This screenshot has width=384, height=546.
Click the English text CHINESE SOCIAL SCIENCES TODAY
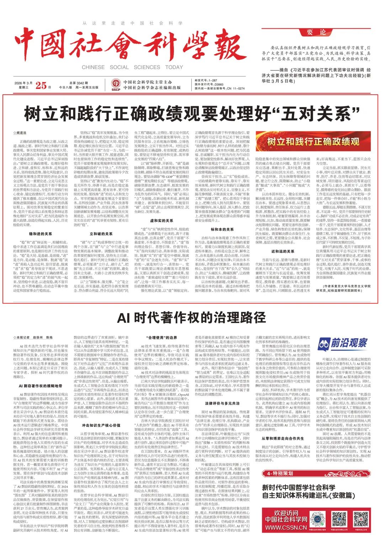coord(132,67)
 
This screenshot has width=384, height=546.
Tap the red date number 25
coord(41,85)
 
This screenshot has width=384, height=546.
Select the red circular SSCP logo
coord(116,85)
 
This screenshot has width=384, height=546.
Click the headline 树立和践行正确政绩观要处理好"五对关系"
coord(192,114)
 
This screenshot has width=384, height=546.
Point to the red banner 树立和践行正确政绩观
coord(313,142)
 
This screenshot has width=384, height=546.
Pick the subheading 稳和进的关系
coord(41,234)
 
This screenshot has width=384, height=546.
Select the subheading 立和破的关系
coord(101,234)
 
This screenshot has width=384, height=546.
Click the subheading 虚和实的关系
coord(162,221)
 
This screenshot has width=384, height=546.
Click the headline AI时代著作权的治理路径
coord(192,317)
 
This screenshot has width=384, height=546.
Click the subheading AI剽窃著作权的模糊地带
coord(41,386)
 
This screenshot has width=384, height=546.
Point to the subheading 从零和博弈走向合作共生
coord(283,439)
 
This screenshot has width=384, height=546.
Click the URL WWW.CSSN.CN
coord(286,528)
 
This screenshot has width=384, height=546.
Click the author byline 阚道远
coord(21,133)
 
